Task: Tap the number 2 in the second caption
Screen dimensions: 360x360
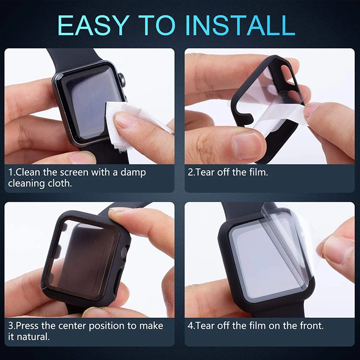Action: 191,172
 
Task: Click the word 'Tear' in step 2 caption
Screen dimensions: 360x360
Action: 205,172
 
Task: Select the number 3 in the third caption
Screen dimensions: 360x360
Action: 10,325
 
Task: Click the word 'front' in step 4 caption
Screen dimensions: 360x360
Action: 309,325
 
